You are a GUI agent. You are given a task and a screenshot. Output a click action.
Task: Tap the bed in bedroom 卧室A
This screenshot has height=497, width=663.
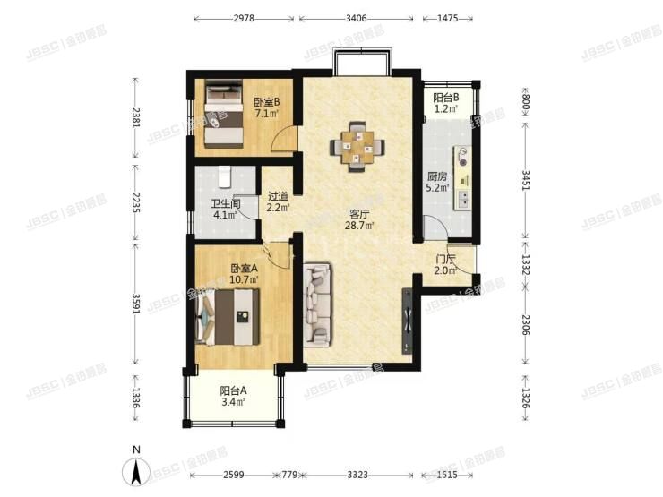(232, 316)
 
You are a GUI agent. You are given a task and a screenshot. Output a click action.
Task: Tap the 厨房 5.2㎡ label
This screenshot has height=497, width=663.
(438, 183)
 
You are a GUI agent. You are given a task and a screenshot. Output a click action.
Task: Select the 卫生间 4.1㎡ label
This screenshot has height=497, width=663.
(223, 209)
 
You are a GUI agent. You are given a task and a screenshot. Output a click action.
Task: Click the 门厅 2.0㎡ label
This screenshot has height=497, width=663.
(445, 265)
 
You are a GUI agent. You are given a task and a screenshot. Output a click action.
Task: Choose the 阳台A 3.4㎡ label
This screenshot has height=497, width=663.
(234, 396)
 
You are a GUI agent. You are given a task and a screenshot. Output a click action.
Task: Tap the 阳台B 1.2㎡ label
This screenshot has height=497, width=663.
(446, 103)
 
